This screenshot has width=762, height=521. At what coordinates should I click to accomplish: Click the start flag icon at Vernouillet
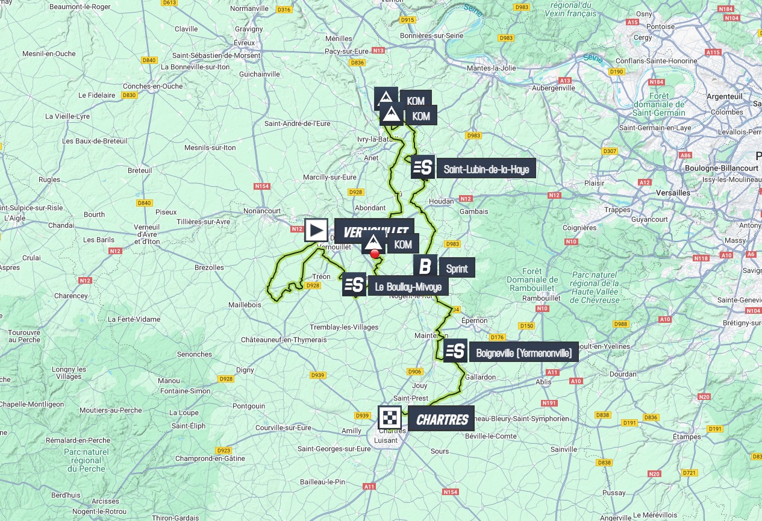(x=316, y=230)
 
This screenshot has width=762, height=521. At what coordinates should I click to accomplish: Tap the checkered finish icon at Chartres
(x=390, y=418)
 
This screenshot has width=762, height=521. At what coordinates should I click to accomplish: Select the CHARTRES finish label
(x=442, y=419)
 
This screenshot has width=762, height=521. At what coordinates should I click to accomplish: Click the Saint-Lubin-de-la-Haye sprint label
(x=486, y=169)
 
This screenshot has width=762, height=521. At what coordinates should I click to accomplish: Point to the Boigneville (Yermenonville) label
(x=523, y=353)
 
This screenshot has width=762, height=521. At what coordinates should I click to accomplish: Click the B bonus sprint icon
(x=425, y=266)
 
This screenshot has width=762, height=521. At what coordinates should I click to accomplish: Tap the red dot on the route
(x=375, y=254)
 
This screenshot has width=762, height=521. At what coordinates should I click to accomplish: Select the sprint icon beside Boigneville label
(x=455, y=351)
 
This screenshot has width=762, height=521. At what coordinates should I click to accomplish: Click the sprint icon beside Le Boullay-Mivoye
(x=354, y=284)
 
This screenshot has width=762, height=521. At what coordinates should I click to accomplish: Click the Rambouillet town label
(x=542, y=298)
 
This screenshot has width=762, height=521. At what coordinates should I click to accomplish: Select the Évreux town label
(x=245, y=43)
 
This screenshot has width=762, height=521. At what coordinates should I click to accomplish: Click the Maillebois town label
(x=245, y=305)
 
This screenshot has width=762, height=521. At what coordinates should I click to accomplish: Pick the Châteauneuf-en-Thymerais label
(x=284, y=340)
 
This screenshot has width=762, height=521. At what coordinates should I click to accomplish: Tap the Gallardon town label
(x=480, y=377)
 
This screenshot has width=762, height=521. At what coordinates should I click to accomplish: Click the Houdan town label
(x=441, y=201)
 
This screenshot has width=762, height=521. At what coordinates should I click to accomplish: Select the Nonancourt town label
(x=262, y=211)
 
